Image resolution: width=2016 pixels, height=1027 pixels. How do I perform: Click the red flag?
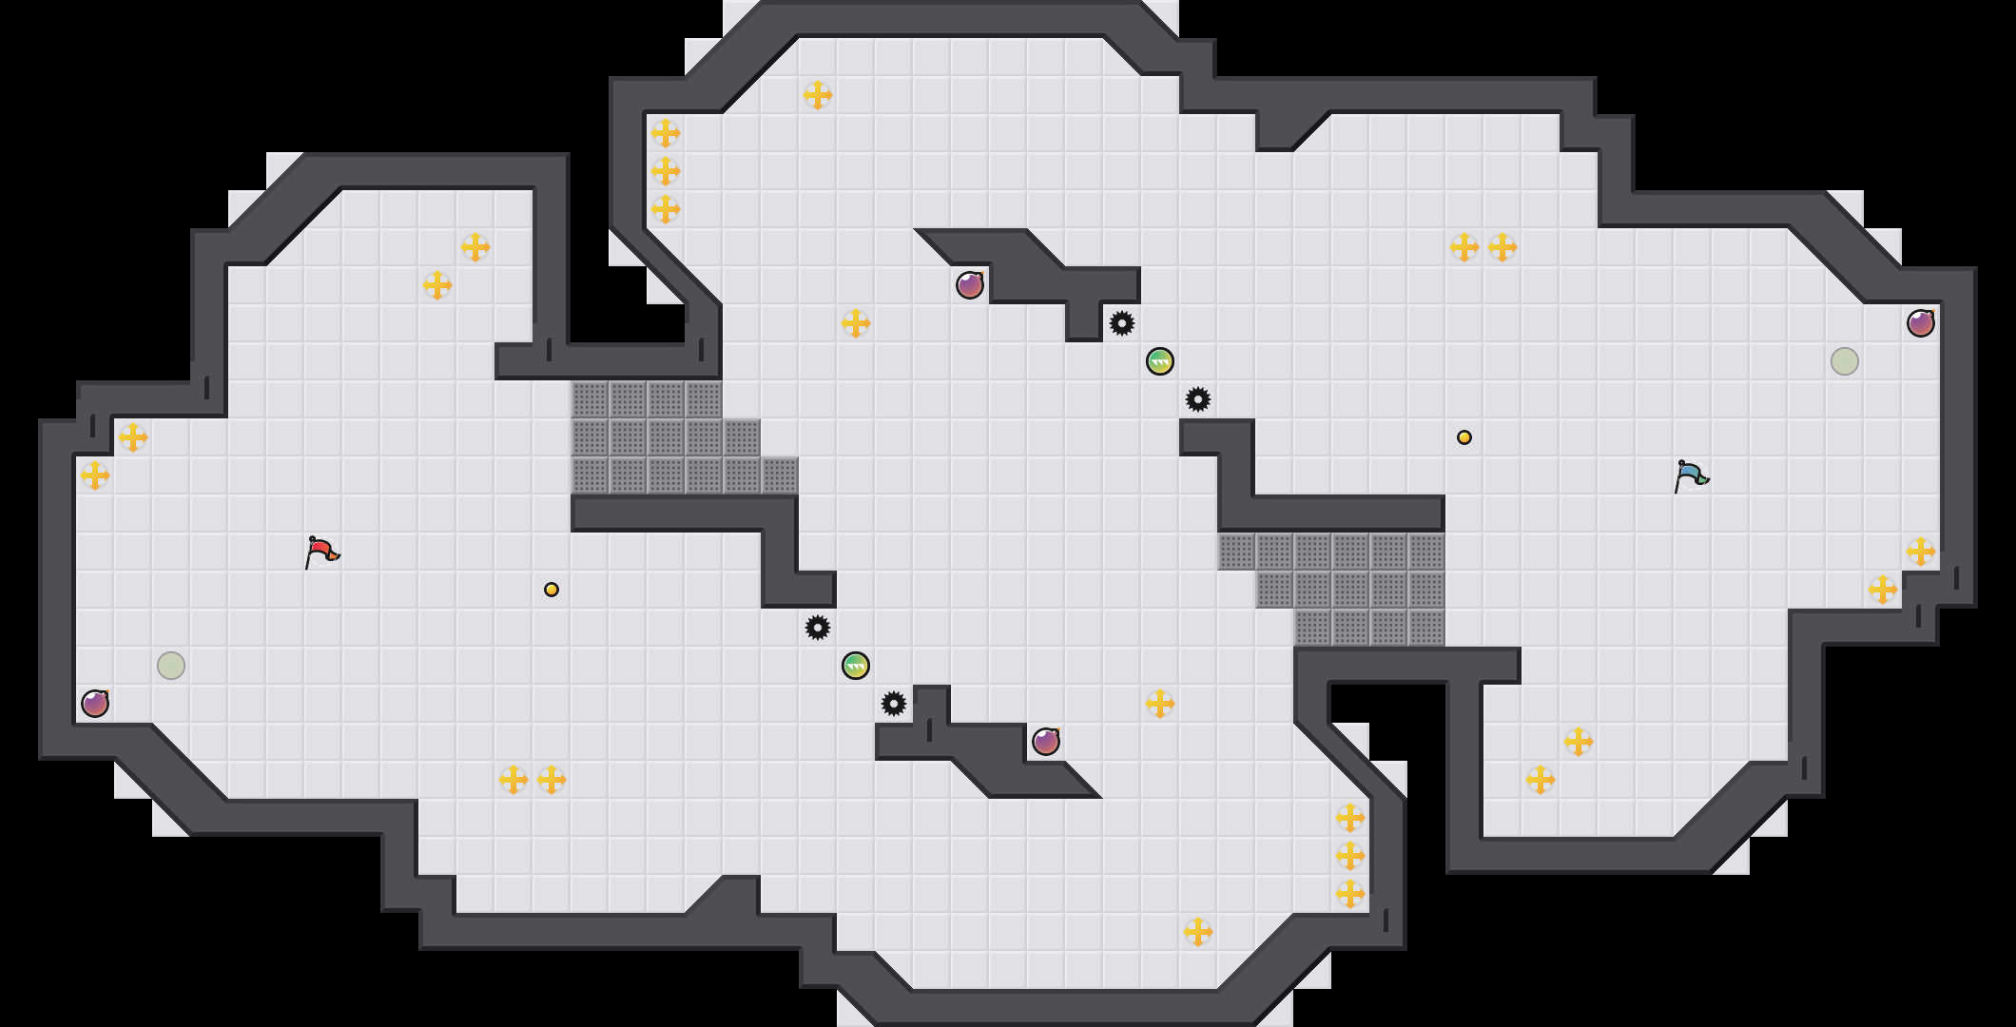click(321, 552)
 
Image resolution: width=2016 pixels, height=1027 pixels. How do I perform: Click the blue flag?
click(1691, 475)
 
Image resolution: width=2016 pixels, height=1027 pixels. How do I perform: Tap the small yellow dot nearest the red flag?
click(552, 590)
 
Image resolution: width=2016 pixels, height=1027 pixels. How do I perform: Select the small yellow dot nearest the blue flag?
click(1464, 437)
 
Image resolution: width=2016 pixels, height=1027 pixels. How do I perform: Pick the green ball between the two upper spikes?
click(1160, 361)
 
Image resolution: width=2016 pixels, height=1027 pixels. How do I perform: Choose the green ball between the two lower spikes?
click(856, 666)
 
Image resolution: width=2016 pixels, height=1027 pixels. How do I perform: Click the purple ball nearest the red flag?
click(95, 704)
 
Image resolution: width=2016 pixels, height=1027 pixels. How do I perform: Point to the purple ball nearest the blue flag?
click(1921, 323)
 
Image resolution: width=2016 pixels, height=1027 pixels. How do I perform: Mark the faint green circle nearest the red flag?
click(171, 666)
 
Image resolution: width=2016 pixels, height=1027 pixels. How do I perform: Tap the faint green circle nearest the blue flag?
click(1845, 361)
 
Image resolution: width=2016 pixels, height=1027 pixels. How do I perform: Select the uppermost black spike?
click(1122, 323)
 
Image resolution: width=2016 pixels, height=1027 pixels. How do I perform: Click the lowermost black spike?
click(894, 704)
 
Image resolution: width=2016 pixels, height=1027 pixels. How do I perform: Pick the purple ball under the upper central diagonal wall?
click(970, 285)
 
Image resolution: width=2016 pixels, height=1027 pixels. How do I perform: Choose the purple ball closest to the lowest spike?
click(1046, 742)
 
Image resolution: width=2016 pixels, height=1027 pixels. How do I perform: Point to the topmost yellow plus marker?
click(818, 95)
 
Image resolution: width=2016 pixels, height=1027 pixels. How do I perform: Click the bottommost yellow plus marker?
click(1198, 932)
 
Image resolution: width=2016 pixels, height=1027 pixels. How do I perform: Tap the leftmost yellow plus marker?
click(95, 475)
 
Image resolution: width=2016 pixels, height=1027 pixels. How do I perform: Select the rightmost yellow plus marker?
click(1921, 552)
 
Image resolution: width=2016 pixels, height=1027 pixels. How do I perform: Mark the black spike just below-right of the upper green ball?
click(1198, 399)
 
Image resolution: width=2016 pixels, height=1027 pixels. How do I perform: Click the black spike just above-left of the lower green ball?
click(818, 628)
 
